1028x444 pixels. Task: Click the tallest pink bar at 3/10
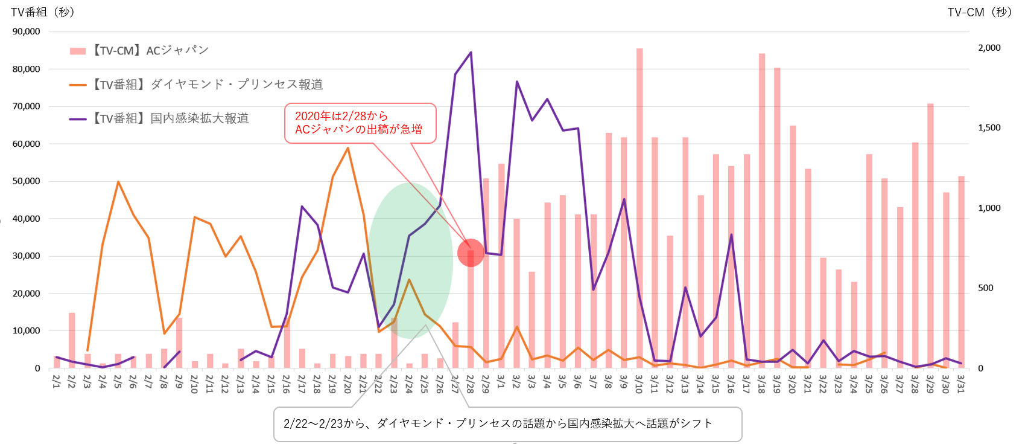[639, 205]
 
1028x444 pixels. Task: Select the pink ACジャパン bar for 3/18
[762, 205]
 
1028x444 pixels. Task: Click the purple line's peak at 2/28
[471, 53]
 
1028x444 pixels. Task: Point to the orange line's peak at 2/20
[347, 148]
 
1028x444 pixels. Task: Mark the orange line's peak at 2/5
[118, 182]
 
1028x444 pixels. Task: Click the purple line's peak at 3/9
[624, 199]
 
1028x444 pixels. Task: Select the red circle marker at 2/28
[471, 253]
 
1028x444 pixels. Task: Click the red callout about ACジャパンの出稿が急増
[360, 123]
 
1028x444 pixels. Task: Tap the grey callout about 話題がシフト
[507, 424]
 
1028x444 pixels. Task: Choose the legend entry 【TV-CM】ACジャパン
[139, 51]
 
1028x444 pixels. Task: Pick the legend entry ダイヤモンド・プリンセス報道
[196, 85]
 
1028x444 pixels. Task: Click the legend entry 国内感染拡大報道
[159, 118]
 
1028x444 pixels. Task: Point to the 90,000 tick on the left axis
[27, 31]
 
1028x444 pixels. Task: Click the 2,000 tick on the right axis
[989, 48]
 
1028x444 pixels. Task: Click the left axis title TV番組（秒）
[43, 12]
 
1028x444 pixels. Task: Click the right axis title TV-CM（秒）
[979, 12]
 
